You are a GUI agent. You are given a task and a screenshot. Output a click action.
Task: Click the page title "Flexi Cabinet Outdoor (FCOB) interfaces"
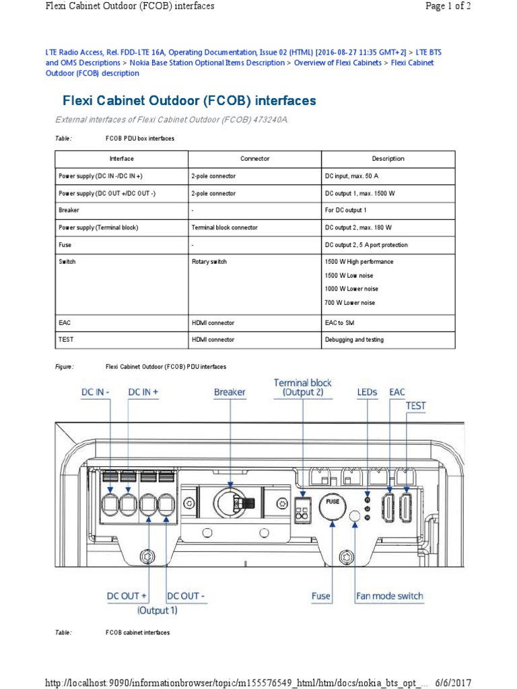[189, 101]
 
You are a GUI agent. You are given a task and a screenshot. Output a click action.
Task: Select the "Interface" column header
[122, 159]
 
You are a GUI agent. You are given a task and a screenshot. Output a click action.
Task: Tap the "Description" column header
[388, 159]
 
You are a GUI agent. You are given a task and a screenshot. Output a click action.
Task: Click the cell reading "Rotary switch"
[209, 262]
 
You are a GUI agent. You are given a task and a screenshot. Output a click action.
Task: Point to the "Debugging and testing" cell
[354, 340]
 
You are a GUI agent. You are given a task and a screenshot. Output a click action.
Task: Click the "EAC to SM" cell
[341, 323]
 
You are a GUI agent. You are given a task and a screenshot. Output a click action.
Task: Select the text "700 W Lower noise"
[350, 303]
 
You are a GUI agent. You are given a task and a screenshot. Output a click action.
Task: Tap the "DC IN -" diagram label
[95, 392]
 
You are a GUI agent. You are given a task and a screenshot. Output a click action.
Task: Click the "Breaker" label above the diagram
[230, 392]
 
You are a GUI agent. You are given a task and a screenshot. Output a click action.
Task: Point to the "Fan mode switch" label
[390, 595]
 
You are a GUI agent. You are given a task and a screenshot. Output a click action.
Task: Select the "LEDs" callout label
[367, 392]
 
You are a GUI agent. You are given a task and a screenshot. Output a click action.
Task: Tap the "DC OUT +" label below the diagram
[127, 596]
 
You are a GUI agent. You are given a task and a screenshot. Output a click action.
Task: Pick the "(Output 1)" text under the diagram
[158, 610]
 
